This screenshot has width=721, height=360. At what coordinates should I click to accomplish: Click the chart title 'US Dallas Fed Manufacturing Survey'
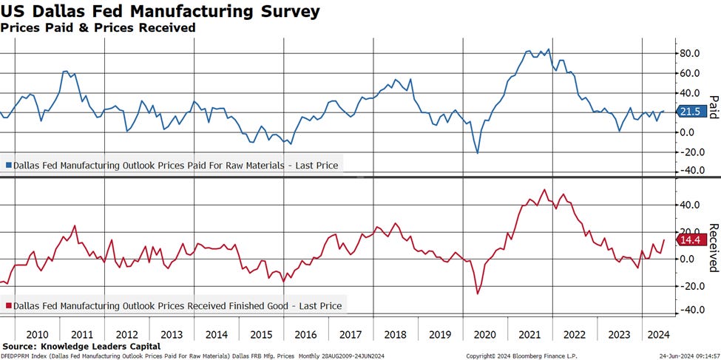coord(160,12)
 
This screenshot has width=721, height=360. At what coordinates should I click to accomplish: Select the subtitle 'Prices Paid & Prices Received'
coord(98,27)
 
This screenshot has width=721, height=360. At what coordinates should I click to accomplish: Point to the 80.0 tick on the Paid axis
coord(690,53)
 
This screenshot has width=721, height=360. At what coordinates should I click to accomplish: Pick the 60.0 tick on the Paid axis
coord(690,73)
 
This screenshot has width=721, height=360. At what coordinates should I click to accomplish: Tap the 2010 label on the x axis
coord(37,334)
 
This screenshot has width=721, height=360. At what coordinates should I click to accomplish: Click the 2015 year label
coord(261,334)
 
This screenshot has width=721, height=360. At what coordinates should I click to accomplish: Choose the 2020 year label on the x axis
coord(486,334)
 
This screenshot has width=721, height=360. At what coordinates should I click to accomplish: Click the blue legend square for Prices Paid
coord(9,165)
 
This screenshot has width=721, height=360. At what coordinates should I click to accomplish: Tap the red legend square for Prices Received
coord(9,306)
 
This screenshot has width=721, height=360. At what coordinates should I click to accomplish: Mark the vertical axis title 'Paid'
coord(713,106)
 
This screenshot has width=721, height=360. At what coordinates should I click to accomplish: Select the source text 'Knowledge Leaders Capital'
coord(101,346)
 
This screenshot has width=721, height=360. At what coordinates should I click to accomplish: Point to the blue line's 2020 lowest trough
coord(478,153)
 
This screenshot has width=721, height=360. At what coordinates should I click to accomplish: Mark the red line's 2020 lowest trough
coord(477,293)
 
